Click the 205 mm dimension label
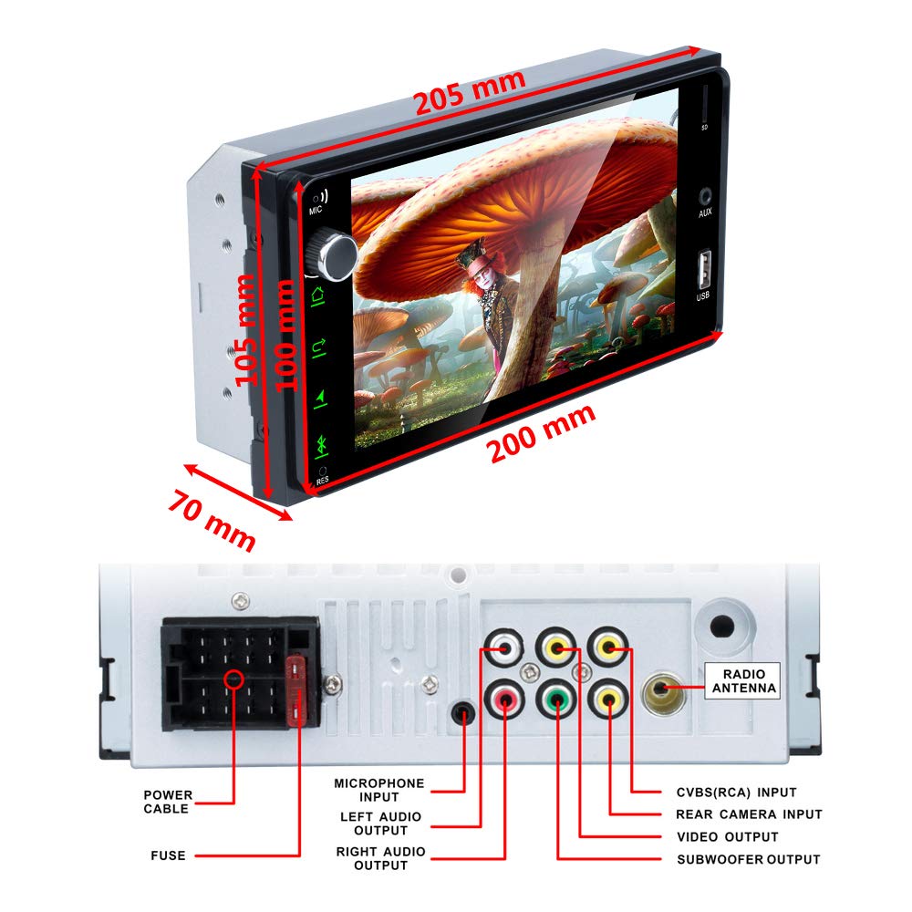click(x=470, y=92)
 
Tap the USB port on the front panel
click(x=703, y=268)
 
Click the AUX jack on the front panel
click(x=705, y=195)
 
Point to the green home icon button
click(x=318, y=295)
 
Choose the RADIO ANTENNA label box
click(x=742, y=679)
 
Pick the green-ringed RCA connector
click(x=556, y=701)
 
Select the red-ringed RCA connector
click(x=504, y=702)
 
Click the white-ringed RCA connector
click(x=504, y=651)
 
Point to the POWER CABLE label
click(x=167, y=802)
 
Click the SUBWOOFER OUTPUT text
click(x=748, y=859)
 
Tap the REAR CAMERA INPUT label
click(x=749, y=814)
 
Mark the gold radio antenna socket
click(x=663, y=690)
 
